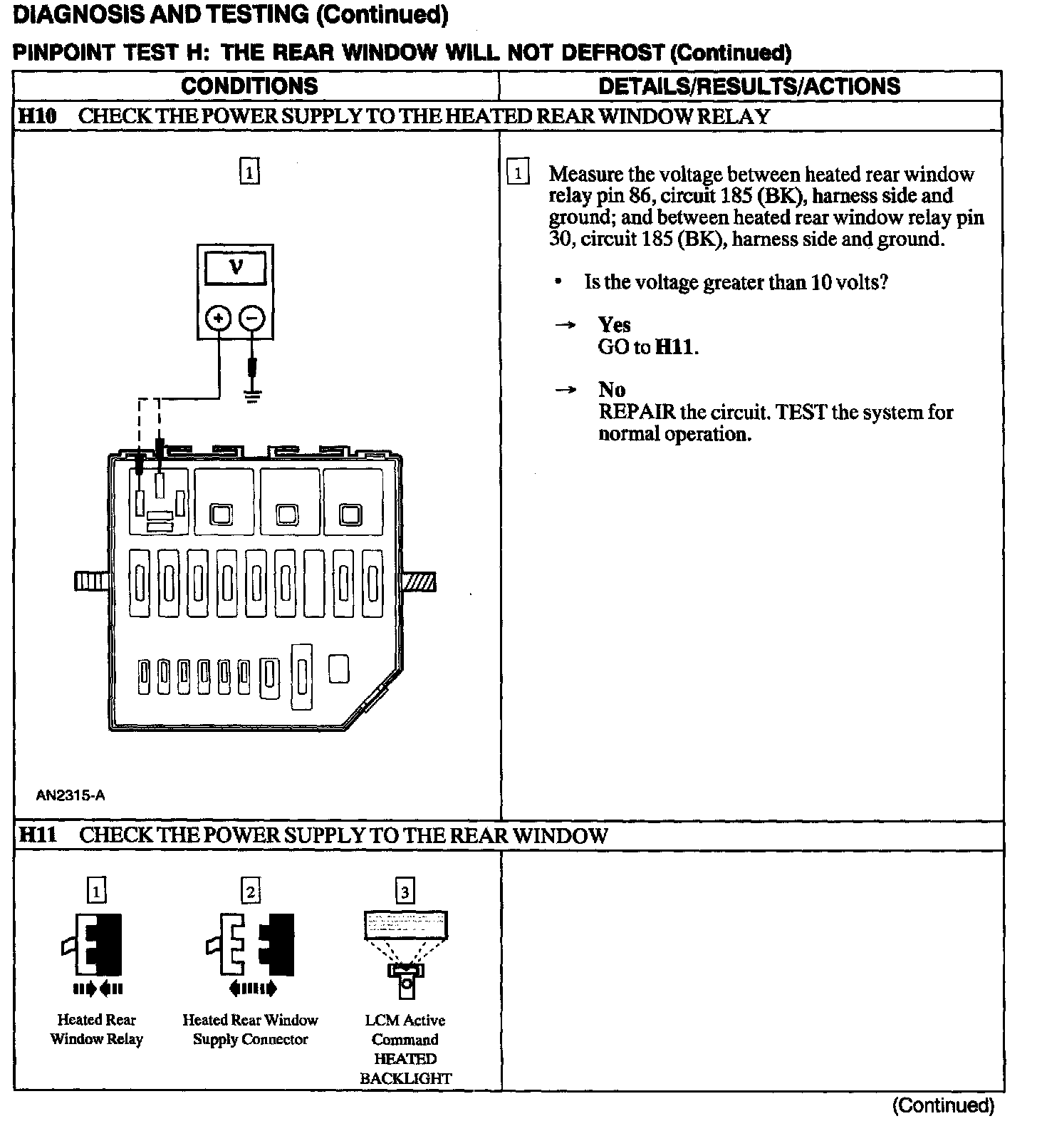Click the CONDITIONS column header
tap(249, 86)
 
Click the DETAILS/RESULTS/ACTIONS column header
tap(749, 86)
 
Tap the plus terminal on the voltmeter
tap(219, 318)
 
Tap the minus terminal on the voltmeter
tap(251, 318)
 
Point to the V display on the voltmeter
tap(235, 269)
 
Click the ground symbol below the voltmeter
tap(251, 396)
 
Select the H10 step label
tap(37, 116)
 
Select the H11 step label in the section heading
tap(38, 835)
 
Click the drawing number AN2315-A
tap(71, 795)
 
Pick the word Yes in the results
tap(614, 325)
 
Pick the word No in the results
tap(612, 390)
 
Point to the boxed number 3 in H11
tap(405, 892)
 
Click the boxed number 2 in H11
tap(251, 892)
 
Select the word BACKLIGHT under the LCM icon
tap(405, 1078)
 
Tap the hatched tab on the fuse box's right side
tap(420, 582)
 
